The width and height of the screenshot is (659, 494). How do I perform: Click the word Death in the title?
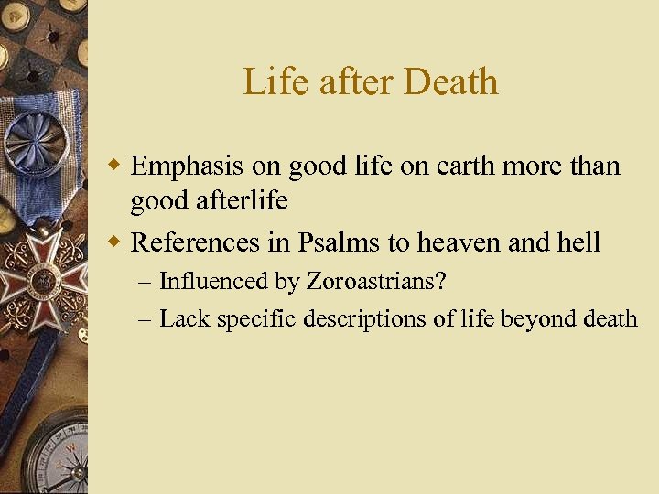449,82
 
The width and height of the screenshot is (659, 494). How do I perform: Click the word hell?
580,242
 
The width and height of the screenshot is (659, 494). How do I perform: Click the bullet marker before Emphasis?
115,167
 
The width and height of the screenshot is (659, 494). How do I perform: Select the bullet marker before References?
115,243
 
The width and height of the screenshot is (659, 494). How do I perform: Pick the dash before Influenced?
146,282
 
